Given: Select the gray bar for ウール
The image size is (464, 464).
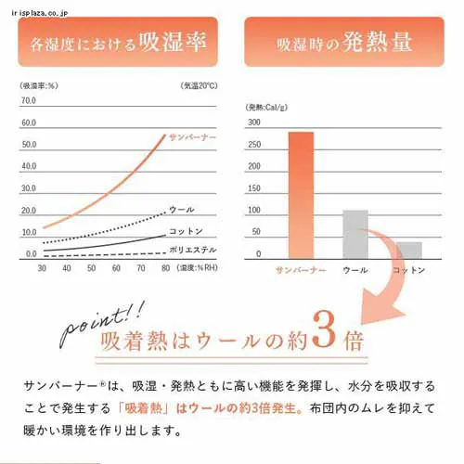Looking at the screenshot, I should click(x=355, y=234).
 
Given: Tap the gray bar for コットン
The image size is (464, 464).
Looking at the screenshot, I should click(x=408, y=250).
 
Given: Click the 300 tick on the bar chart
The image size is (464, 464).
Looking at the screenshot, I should click(x=253, y=122).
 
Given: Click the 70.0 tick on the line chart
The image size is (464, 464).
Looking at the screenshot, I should click(x=28, y=100).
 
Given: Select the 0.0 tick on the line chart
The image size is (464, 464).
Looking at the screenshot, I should click(x=30, y=252).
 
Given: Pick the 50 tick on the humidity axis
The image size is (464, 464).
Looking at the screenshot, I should click(x=91, y=267).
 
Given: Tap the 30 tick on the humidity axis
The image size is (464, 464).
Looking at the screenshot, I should click(x=42, y=267).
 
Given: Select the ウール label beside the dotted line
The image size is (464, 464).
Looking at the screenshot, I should click(x=182, y=210).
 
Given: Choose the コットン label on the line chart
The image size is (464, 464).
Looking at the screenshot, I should click(x=186, y=231).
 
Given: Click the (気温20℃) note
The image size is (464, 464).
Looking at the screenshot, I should click(x=200, y=85).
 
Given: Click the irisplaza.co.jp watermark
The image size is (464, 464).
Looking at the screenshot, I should click(x=33, y=6).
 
